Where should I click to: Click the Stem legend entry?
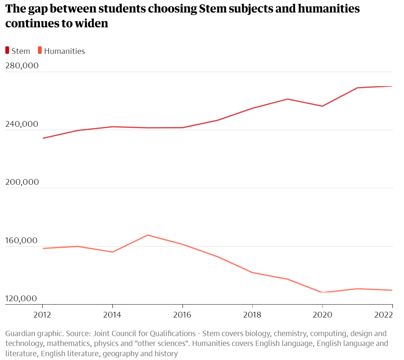[x=18, y=51]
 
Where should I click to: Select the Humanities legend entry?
[x=61, y=51]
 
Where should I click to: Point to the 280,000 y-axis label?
[x=22, y=66]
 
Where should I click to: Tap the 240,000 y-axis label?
[x=22, y=124]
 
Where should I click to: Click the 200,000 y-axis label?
[x=22, y=182]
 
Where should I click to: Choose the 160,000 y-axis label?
[x=22, y=241]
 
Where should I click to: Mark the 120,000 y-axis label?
[x=22, y=299]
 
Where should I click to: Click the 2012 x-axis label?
[x=42, y=314]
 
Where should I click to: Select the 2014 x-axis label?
[x=113, y=314]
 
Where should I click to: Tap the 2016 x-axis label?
[x=183, y=314]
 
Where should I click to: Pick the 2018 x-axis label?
[x=253, y=314]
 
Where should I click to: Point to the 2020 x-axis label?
[x=323, y=314]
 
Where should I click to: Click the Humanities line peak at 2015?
[x=147, y=235]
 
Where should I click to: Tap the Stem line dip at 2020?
[x=323, y=106]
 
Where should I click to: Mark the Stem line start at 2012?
[x=43, y=138]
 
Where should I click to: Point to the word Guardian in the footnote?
[x=19, y=334]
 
